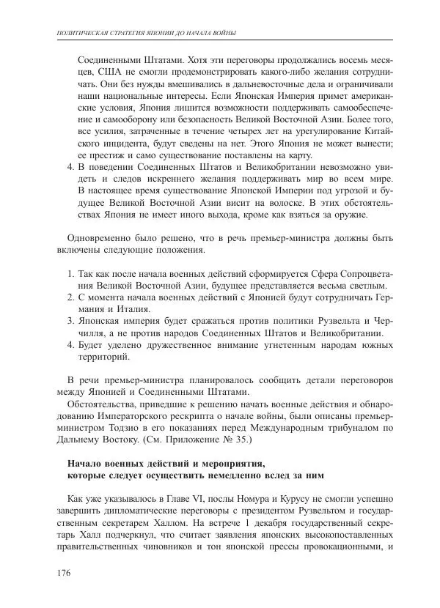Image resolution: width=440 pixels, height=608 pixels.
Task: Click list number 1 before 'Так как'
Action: [x=70, y=273]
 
